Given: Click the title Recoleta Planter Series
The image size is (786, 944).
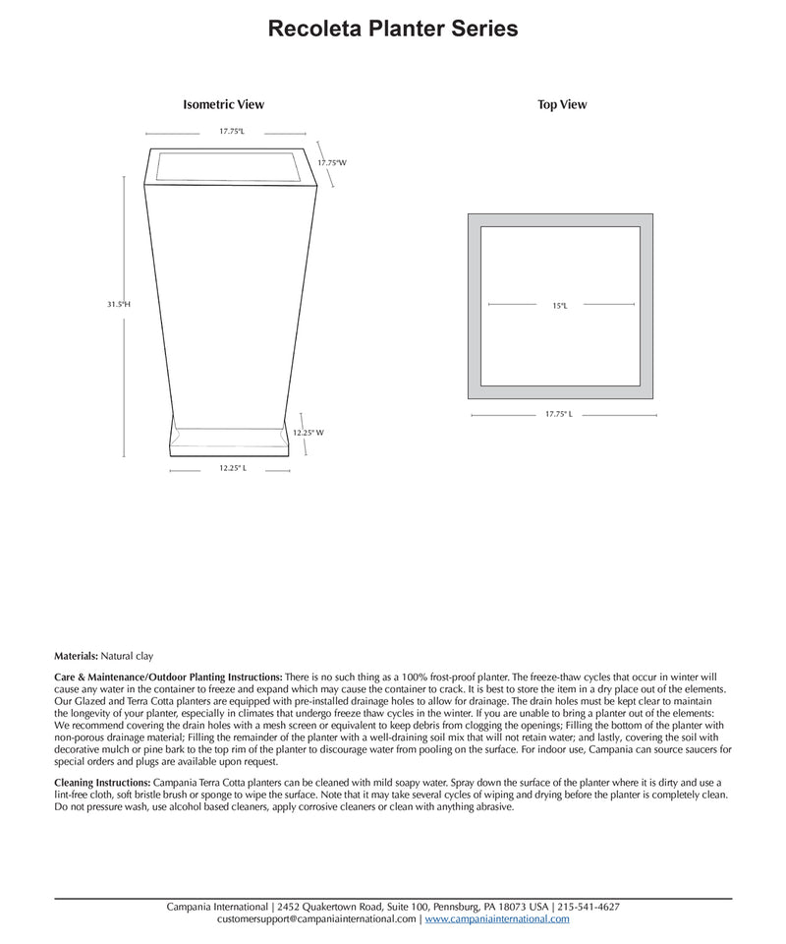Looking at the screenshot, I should click(393, 29).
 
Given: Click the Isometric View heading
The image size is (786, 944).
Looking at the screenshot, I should click(223, 104).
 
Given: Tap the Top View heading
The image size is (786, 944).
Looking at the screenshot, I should click(562, 104).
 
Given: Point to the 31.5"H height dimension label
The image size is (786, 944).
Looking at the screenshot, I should click(119, 305).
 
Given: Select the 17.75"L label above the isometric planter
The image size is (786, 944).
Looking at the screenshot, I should click(231, 131).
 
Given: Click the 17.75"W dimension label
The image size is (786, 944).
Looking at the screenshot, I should click(332, 162).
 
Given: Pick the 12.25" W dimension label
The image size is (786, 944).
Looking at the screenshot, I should click(308, 433).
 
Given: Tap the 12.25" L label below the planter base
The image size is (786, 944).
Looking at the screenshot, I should click(232, 469).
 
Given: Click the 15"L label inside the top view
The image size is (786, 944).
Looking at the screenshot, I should click(559, 306).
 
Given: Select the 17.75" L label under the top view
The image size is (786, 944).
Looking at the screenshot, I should click(559, 415).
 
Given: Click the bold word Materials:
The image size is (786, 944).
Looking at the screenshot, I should click(76, 655).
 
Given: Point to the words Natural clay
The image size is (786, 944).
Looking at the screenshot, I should click(127, 655).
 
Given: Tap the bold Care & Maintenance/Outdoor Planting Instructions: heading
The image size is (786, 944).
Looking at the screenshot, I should click(168, 678).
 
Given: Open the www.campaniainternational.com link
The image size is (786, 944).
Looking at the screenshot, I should click(497, 919).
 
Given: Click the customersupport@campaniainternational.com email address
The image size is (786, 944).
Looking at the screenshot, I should click(316, 919).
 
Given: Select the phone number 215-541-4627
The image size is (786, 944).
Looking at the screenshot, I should click(589, 907).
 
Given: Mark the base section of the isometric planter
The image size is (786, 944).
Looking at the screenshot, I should click(232, 442).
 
